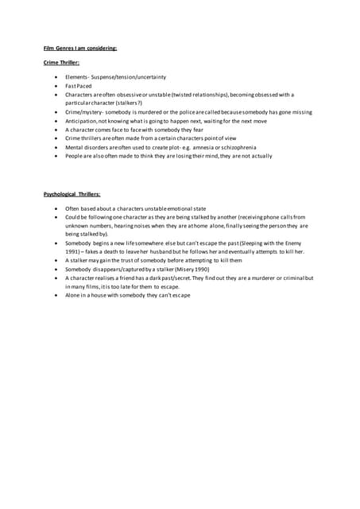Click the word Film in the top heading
pos(49,49)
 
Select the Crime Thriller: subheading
pos(61,62)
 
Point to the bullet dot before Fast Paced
pos(56,86)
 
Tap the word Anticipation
pos(83,121)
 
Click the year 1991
pos(73,251)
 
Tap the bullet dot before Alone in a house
pos(56,295)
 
